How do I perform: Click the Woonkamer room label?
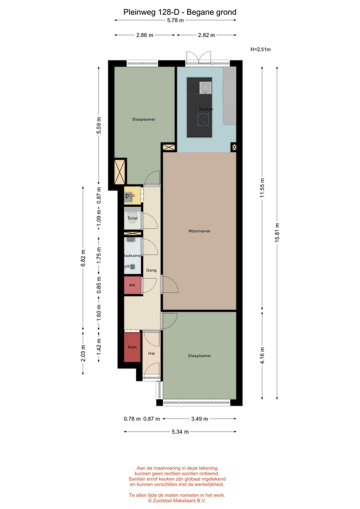pyautogui.click(x=199, y=231)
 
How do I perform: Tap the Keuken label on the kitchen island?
pyautogui.click(x=206, y=109)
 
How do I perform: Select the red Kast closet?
pyautogui.click(x=132, y=347)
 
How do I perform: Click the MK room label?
pyautogui.click(x=132, y=285)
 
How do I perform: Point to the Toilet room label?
pyautogui.click(x=133, y=218)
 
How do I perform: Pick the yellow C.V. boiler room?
pyautogui.click(x=133, y=196)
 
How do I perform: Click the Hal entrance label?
pyautogui.click(x=151, y=354)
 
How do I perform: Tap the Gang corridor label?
pyautogui.click(x=151, y=270)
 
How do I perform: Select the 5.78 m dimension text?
pyautogui.click(x=175, y=20)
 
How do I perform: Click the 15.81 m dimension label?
pyautogui.click(x=277, y=232)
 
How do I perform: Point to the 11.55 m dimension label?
pyautogui.click(x=262, y=188)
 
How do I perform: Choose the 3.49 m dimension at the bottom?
pyautogui.click(x=199, y=419)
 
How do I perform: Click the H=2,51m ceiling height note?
pyautogui.click(x=261, y=49)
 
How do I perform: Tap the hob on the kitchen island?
pyautogui.click(x=204, y=119)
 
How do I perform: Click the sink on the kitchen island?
pyautogui.click(x=206, y=87)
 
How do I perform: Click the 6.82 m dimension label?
pyautogui.click(x=83, y=258)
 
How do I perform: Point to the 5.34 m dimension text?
pyautogui.click(x=180, y=432)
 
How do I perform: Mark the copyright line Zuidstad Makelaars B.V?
pyautogui.click(x=177, y=501)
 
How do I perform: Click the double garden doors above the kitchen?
pyautogui.click(x=198, y=57)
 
